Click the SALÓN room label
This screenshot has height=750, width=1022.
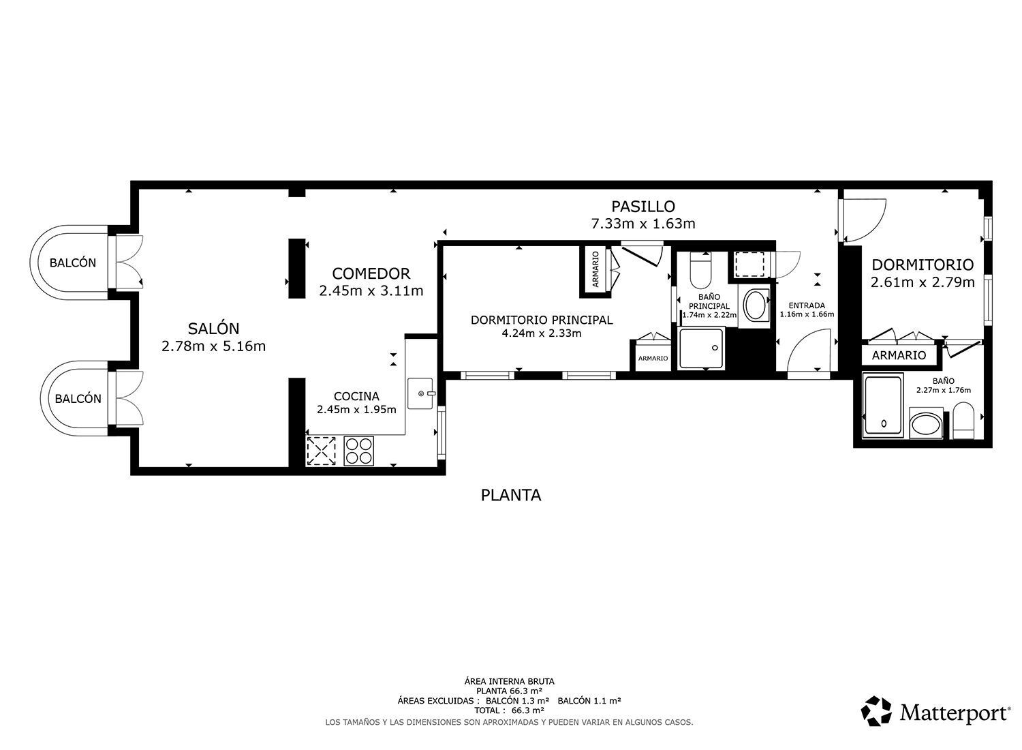pyautogui.click(x=213, y=328)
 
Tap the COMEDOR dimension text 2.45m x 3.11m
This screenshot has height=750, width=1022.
pyautogui.click(x=371, y=290)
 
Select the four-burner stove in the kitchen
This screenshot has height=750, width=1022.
pyautogui.click(x=358, y=451)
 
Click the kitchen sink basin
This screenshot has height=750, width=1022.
pyautogui.click(x=420, y=393)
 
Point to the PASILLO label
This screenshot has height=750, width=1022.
pyautogui.click(x=643, y=207)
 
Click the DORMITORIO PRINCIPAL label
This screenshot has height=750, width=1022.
pyautogui.click(x=542, y=320)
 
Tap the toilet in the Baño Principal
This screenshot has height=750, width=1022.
pyautogui.click(x=701, y=270)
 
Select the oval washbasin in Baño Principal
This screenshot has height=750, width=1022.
pyautogui.click(x=756, y=305)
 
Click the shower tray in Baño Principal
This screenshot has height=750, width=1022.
pyautogui.click(x=701, y=348)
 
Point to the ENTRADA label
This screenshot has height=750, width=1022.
pyautogui.click(x=807, y=305)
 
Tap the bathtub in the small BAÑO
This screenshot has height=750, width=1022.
pyautogui.click(x=883, y=406)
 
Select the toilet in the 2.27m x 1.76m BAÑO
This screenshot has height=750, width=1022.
pyautogui.click(x=963, y=419)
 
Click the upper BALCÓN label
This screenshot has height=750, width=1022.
pyautogui.click(x=73, y=263)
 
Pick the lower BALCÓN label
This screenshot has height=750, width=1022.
pyautogui.click(x=78, y=399)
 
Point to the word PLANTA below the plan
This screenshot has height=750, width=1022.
pyautogui.click(x=511, y=495)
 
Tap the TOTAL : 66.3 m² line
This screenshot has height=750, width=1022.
pyautogui.click(x=509, y=710)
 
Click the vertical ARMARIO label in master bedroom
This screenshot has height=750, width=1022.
pyautogui.click(x=595, y=269)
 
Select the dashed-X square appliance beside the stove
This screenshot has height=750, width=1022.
pyautogui.click(x=321, y=451)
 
